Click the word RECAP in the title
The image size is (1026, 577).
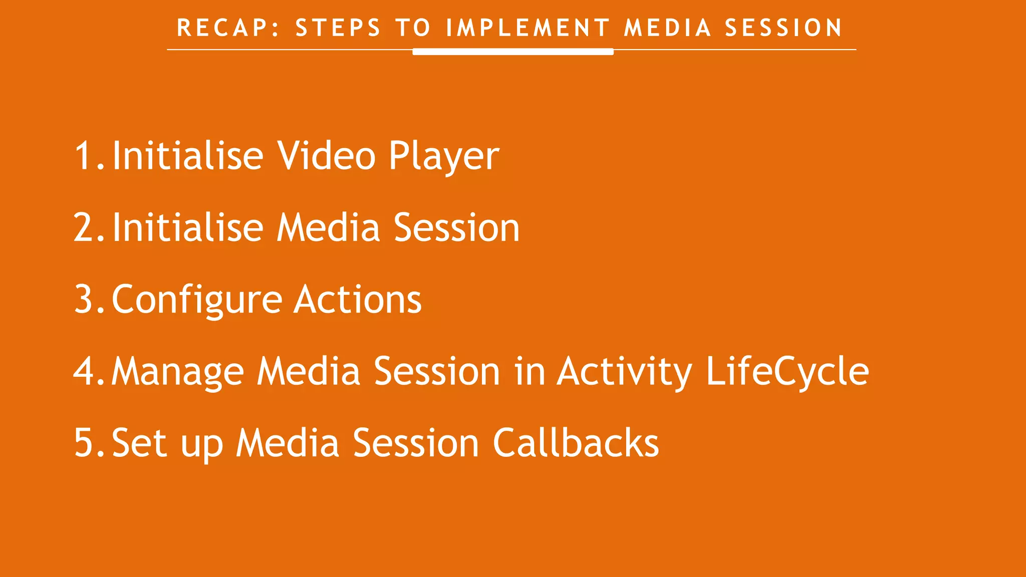coord(223,28)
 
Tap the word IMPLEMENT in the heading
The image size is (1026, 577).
coord(528,28)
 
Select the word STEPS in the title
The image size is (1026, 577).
coord(338,28)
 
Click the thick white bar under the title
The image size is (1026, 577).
coord(512,52)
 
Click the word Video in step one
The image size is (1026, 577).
coord(326,156)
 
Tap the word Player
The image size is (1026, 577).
coord(444,156)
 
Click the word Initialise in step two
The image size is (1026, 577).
coord(187,228)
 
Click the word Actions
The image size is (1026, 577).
coord(358,300)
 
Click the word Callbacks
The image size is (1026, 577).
coord(576,443)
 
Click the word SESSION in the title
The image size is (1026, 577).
coord(784,28)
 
